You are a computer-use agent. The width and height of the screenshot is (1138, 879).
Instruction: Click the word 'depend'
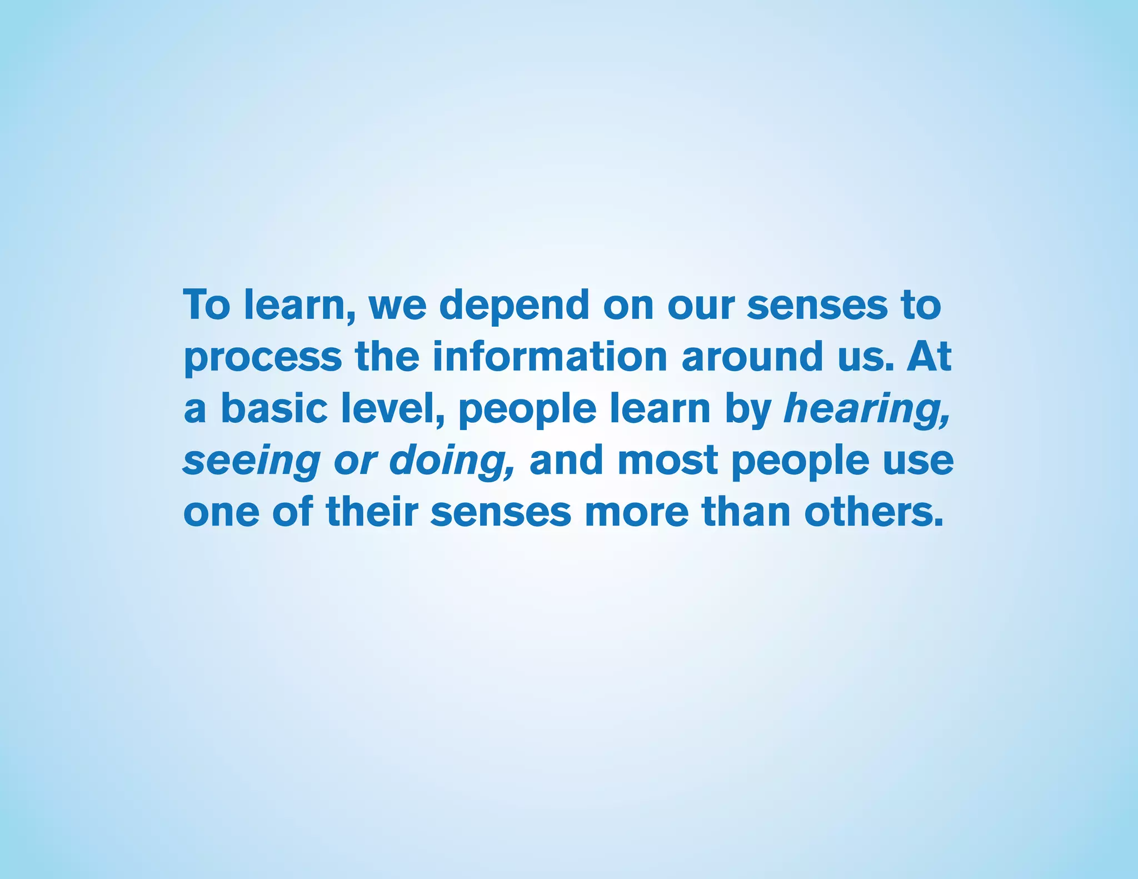point(514,306)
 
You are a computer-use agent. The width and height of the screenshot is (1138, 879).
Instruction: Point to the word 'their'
point(372,511)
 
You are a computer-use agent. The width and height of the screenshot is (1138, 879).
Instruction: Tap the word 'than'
point(746,511)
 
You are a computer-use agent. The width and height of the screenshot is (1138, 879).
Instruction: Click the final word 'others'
point(874,511)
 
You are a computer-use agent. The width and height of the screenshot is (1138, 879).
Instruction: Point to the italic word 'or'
point(355,461)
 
